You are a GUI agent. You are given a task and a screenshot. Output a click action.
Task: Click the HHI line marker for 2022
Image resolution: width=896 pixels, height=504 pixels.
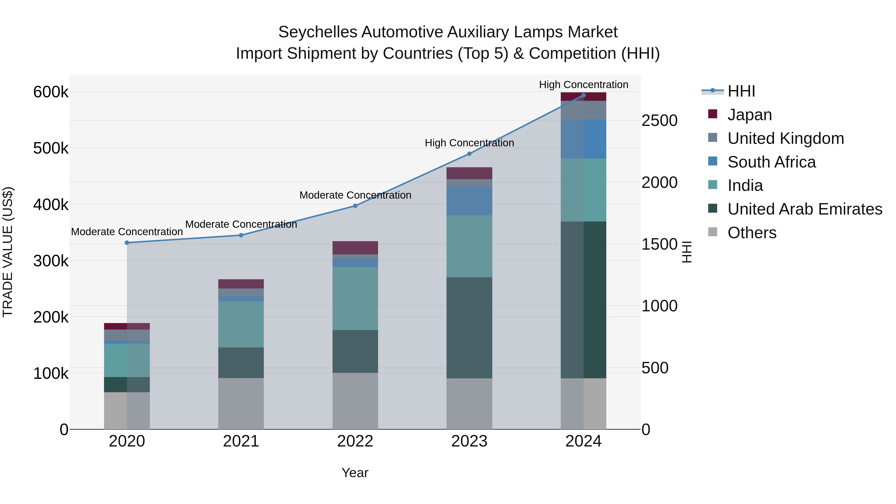355,206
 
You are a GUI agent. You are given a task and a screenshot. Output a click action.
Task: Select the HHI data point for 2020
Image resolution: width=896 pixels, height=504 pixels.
127,243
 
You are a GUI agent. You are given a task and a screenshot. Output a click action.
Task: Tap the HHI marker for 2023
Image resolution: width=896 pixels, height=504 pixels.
469,154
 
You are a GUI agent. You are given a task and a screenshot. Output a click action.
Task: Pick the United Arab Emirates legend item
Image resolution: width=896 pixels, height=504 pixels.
804,209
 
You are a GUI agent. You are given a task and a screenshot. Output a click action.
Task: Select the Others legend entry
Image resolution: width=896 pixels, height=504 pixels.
752,233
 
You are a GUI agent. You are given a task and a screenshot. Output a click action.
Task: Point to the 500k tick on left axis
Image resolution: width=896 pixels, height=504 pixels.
51,149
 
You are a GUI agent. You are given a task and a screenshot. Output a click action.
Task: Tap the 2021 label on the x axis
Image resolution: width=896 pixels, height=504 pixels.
241,441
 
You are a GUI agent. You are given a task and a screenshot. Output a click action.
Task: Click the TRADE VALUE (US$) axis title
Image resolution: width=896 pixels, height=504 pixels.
8,252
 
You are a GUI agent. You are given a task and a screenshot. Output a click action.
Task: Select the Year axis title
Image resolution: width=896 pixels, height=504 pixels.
355,473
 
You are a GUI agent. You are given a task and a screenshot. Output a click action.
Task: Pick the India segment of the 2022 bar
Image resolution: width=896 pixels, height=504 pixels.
355,298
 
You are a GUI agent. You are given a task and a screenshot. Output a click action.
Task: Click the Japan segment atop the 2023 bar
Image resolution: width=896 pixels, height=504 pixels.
469,173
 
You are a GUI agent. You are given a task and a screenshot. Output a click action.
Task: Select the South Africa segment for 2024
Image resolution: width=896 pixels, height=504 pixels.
583,139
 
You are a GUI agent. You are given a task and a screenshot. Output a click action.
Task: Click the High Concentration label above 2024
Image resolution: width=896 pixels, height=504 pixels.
583,85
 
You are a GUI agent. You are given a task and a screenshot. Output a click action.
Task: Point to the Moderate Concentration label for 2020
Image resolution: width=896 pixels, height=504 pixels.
127,232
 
